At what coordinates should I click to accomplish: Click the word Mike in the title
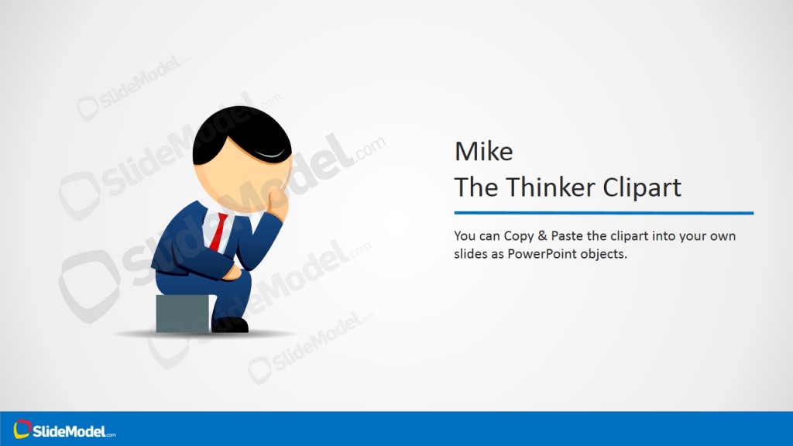click(x=483, y=151)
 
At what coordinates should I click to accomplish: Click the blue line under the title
click(x=603, y=213)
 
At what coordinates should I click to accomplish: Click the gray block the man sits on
click(x=182, y=314)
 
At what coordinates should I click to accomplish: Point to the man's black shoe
click(x=230, y=324)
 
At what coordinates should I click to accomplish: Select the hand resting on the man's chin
click(x=277, y=203)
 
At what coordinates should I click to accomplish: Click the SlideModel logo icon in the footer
click(x=22, y=428)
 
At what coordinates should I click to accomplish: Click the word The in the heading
click(x=472, y=187)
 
